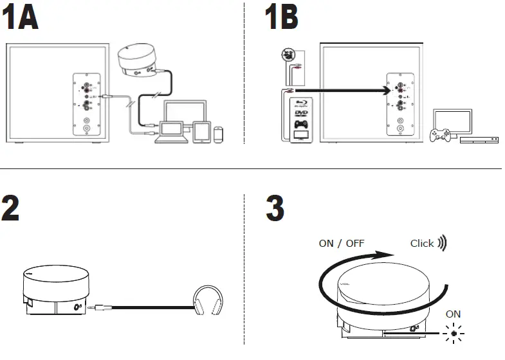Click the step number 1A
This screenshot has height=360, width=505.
pyautogui.click(x=20, y=19)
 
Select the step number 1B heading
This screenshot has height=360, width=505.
pyautogui.click(x=282, y=19)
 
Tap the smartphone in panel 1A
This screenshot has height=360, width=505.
pyautogui.click(x=219, y=134)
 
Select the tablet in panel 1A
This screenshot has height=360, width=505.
pyautogui.click(x=201, y=131)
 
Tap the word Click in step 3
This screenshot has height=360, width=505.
pyautogui.click(x=422, y=244)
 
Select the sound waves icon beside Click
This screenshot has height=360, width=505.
pyautogui.click(x=442, y=244)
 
